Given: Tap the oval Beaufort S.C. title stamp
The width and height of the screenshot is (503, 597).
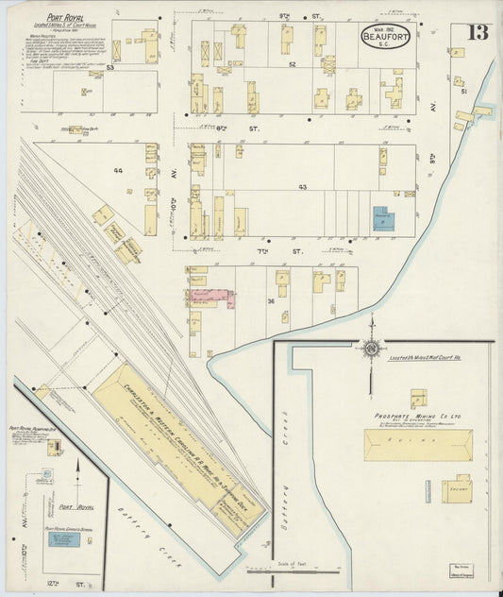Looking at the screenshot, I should click(385, 39).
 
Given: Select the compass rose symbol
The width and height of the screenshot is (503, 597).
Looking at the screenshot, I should click(372, 348).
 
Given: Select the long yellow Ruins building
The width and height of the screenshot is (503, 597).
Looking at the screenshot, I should click(418, 444).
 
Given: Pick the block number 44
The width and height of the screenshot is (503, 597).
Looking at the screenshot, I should click(118, 170).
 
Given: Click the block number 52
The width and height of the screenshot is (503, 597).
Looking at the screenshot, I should click(293, 64).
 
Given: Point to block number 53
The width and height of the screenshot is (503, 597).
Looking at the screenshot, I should click(110, 68).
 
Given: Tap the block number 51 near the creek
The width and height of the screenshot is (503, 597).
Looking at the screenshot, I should click(462, 91).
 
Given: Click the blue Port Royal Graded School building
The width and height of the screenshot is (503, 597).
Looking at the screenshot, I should click(64, 538).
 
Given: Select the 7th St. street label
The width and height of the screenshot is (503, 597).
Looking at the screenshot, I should click(296, 252).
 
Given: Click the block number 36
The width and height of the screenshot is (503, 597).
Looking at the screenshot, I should click(270, 300).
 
